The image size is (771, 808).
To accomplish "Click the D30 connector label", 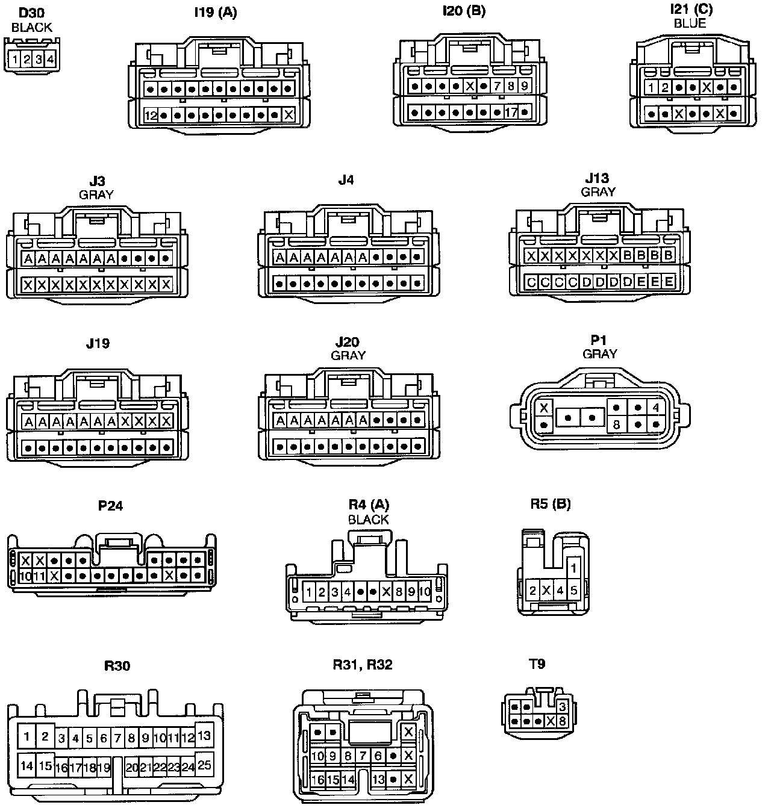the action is point(31,13).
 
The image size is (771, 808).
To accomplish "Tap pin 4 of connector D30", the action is point(51,60).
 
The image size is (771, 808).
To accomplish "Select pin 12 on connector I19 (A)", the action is point(151,115).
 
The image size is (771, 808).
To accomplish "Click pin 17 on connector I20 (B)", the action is point(511,112).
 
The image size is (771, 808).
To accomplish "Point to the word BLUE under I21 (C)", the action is point(690,24).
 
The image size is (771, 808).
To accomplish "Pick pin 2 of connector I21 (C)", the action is point(665,88).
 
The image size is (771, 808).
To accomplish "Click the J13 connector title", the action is point(597,178).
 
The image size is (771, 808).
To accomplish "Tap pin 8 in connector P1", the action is point(616,424).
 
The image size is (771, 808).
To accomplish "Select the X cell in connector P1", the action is point(545,408).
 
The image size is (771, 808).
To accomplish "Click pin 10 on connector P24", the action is point(25,576).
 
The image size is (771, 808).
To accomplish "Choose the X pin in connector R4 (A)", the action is point(387,592).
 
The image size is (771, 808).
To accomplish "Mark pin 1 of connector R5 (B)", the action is point(574,568).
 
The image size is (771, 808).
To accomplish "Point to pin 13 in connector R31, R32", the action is point(378,779).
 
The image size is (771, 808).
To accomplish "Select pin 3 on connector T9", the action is point(563,707).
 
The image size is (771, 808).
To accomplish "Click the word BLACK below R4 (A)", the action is point(368,520).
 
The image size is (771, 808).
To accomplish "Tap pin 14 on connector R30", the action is point(27,766).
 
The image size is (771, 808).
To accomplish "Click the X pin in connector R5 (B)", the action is point(546,590).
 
